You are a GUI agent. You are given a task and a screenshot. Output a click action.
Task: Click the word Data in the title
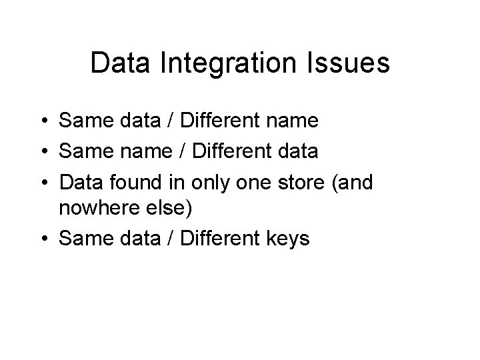[x=114, y=64]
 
